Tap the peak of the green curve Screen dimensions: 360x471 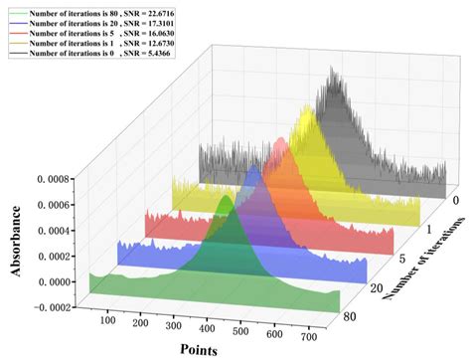[228, 199]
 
